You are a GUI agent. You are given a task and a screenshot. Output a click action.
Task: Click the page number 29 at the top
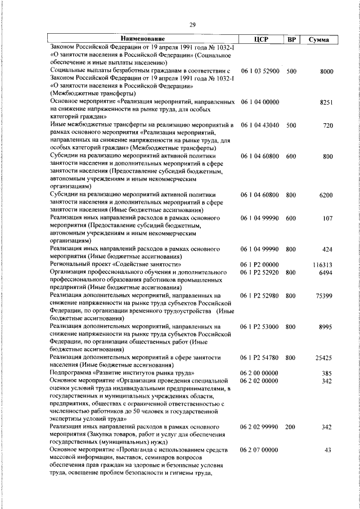click(192, 24)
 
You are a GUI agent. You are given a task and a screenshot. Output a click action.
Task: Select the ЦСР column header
click(260, 39)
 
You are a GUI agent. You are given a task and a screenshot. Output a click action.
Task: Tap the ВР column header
click(292, 39)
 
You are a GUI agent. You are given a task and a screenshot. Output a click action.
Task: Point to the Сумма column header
click(319, 39)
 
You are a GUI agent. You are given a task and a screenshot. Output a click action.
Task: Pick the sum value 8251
click(326, 103)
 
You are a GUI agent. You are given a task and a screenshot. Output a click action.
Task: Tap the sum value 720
click(328, 125)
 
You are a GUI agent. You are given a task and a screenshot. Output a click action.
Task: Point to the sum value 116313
click(323, 264)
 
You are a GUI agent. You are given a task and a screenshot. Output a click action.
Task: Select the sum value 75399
click(325, 295)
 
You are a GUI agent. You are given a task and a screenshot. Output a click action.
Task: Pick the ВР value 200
click(290, 427)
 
